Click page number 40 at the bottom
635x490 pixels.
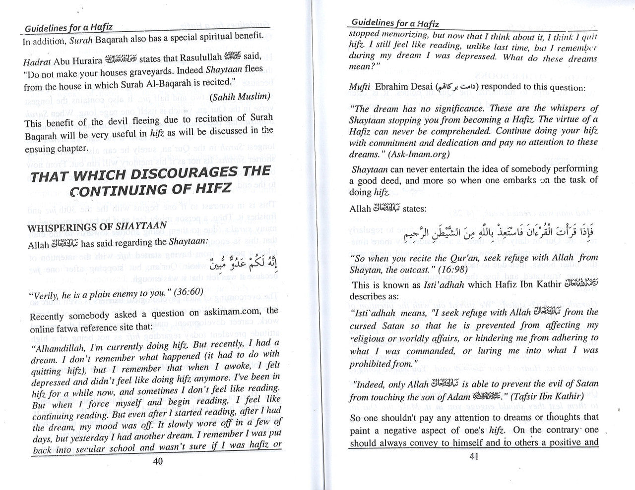click(158, 461)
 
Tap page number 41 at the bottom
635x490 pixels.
click(473, 457)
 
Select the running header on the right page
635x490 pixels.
click(395, 23)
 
